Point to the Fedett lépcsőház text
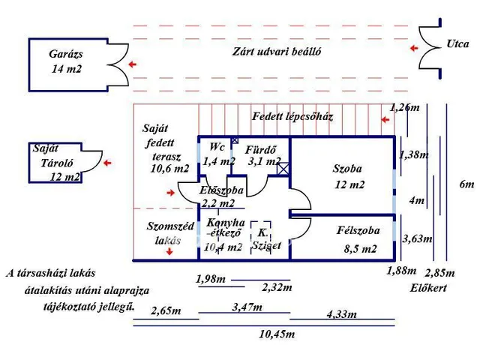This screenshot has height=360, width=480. coord(292,117)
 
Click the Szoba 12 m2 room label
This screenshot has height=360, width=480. coord(348,176)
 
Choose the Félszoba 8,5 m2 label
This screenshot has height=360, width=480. coord(358,239)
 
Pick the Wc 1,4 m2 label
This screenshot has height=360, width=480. coord(218,154)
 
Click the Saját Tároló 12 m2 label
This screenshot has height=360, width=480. coord(55,163)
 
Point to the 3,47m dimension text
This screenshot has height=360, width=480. coord(248,307)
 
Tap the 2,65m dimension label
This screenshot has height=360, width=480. coord(166,310)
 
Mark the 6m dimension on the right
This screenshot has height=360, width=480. coord(466,184)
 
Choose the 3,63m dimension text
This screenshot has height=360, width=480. coord(417,239)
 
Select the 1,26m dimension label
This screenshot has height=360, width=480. coord(405,108)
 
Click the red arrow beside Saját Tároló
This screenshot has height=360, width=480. coord(108,162)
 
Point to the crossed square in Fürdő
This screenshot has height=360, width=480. coord(283,169)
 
